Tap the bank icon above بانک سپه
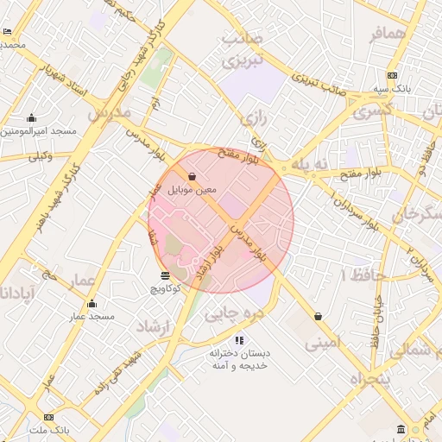392,75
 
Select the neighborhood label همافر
386,34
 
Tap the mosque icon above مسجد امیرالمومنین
32,118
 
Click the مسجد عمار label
92,317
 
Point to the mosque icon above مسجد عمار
92,304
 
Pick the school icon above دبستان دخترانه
239,341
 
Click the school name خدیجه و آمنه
239,366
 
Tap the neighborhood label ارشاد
155,327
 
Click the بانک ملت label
48,429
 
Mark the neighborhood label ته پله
310,163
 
